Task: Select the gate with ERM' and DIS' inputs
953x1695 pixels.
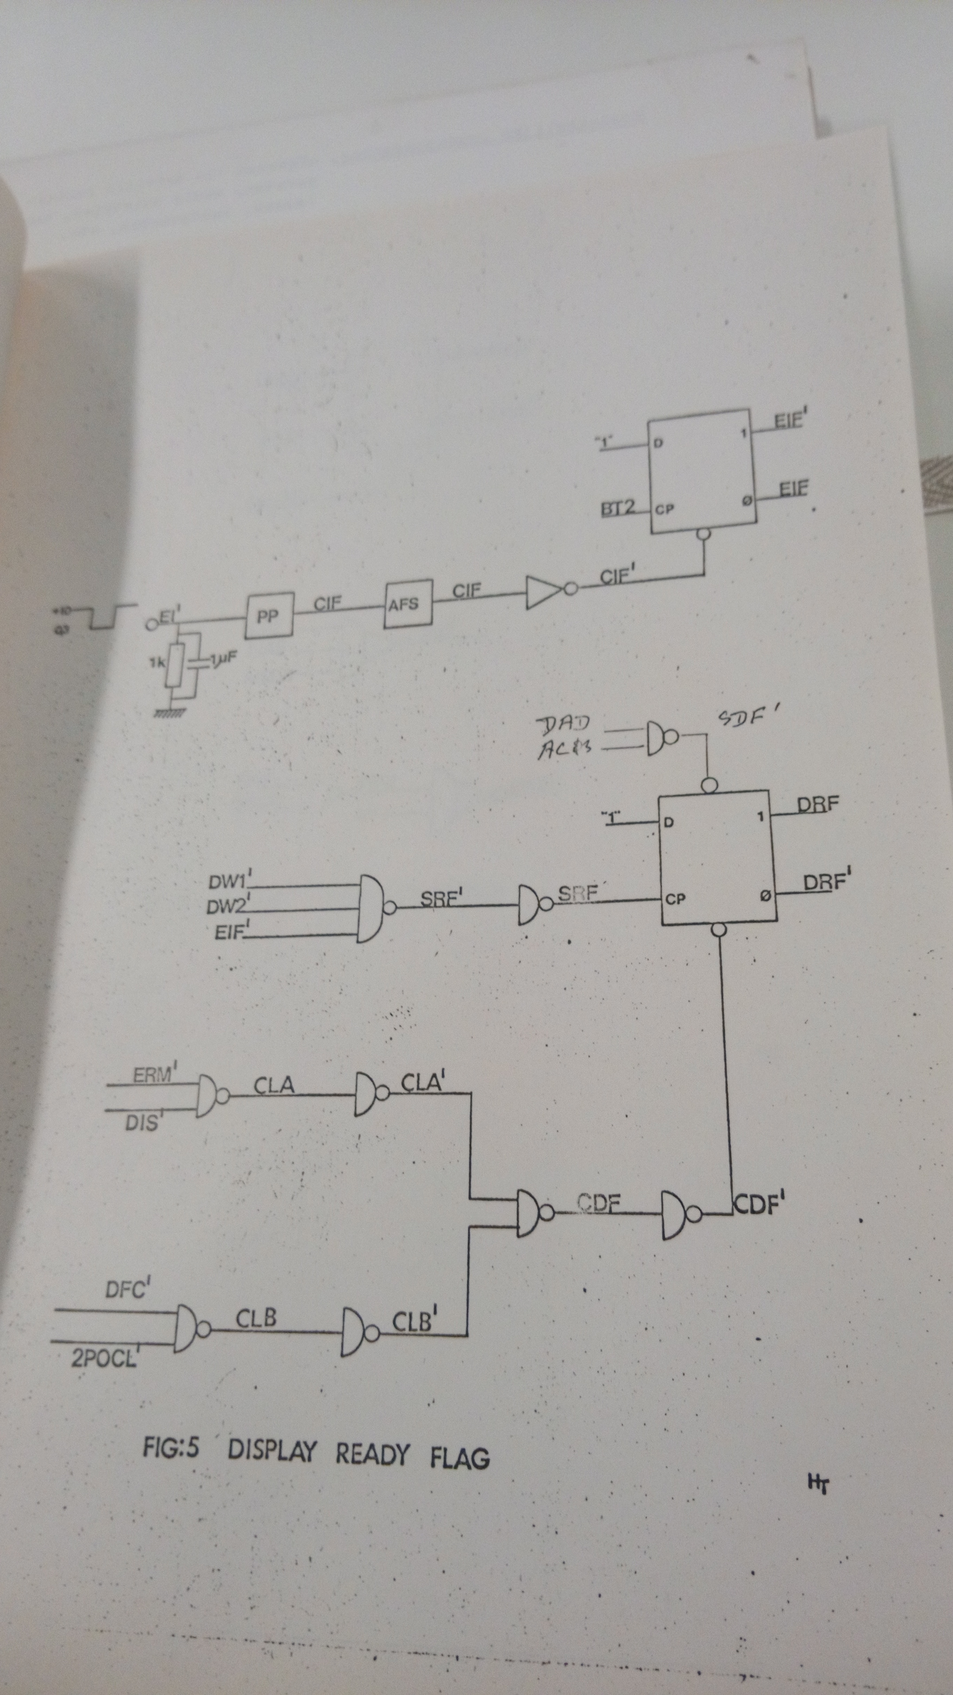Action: pyautogui.click(x=209, y=1096)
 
